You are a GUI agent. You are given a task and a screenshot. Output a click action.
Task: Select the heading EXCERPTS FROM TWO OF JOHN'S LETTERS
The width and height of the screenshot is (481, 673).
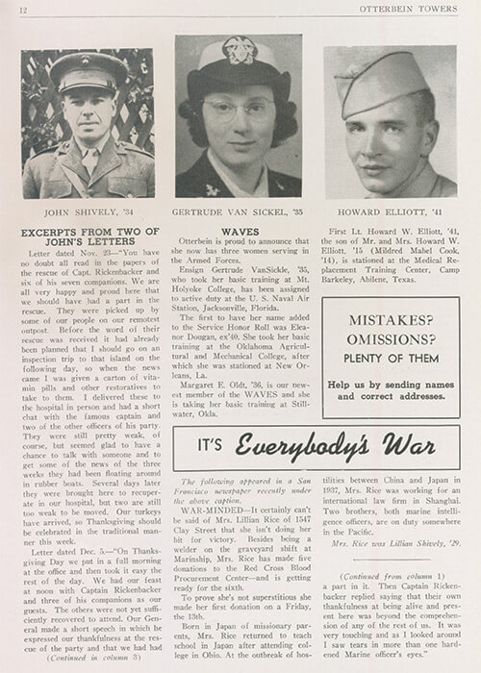[x=87, y=240]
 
